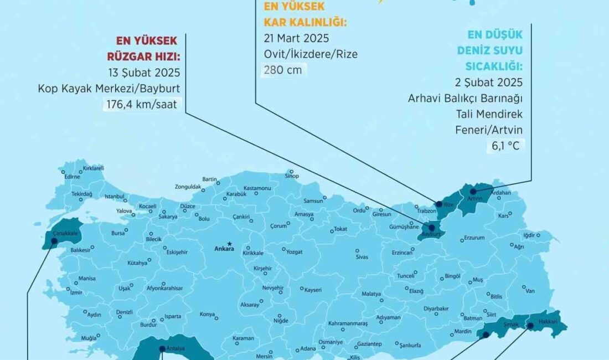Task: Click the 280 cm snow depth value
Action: tap(283, 70)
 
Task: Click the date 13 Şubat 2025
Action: tap(146, 73)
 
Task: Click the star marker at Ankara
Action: tap(229, 243)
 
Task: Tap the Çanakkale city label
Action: tap(64, 234)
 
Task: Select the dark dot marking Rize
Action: tap(439, 204)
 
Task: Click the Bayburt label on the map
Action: tap(430, 235)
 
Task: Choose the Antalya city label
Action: tap(176, 348)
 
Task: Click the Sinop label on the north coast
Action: tap(291, 177)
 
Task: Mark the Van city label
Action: tap(530, 291)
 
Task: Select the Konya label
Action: tap(207, 314)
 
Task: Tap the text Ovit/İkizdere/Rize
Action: tap(310, 54)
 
